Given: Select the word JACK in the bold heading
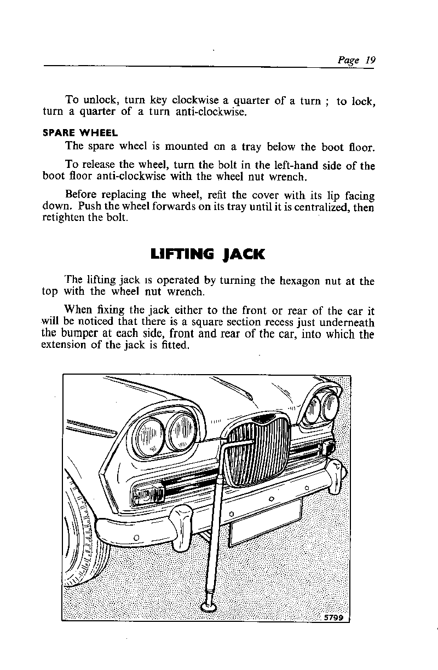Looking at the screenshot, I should (244, 254).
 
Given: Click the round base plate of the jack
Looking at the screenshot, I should (209, 605).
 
